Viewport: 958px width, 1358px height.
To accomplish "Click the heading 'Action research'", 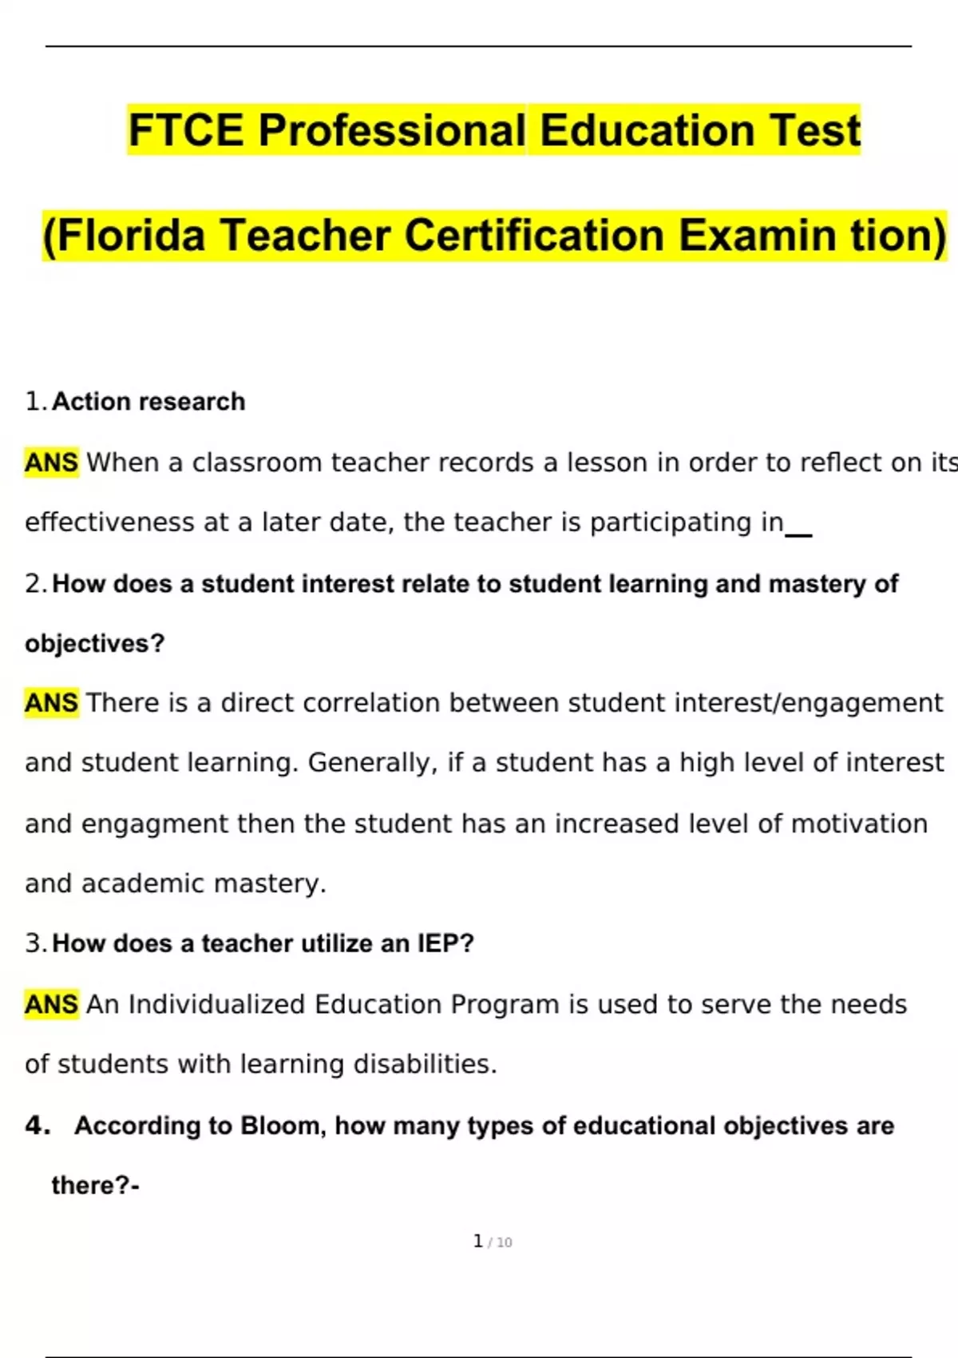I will tap(148, 401).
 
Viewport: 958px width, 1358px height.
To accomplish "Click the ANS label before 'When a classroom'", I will tap(51, 463).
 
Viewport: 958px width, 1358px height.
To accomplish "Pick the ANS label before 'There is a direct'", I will tap(51, 703).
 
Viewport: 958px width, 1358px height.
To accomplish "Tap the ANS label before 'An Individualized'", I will tap(51, 1004).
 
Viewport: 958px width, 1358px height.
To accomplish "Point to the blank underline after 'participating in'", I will tap(799, 534).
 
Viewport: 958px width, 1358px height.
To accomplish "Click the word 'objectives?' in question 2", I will tap(94, 643).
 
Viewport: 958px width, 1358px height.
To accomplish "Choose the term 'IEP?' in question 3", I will tap(445, 943).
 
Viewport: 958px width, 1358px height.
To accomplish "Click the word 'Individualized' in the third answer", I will tap(216, 1004).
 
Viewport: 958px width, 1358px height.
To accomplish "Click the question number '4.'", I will tap(38, 1126).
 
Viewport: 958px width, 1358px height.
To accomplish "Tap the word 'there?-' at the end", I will tap(95, 1185).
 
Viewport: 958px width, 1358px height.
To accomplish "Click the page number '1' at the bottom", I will tap(477, 1241).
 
